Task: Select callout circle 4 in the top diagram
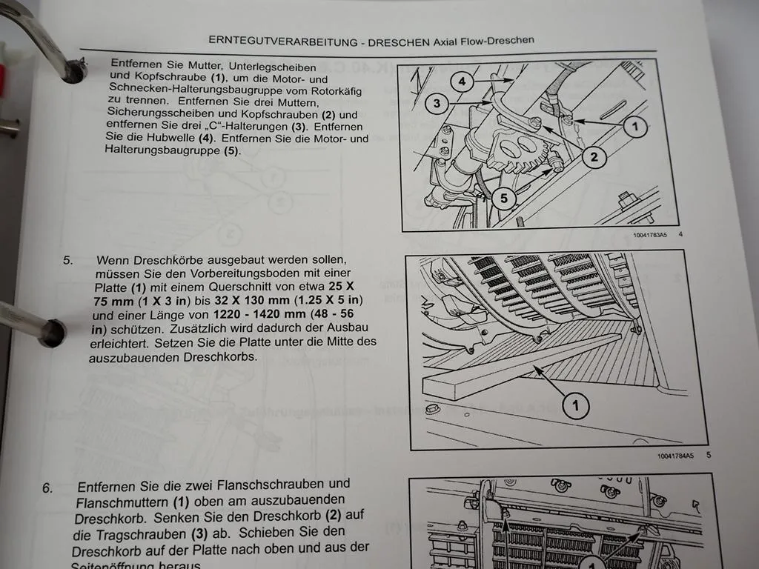pos(461,81)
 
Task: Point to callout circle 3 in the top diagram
pos(437,104)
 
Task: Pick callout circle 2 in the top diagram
pos(594,156)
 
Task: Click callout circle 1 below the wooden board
pos(575,405)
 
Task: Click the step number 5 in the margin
pos(68,260)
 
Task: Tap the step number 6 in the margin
pos(47,488)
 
